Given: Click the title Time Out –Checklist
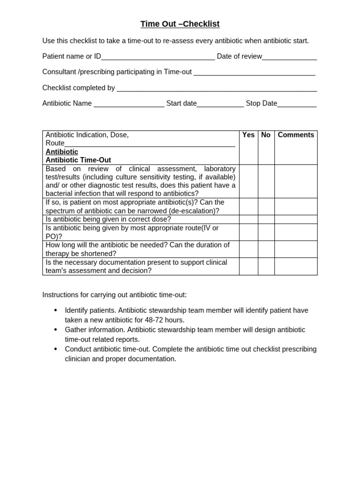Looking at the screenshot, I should (x=180, y=24).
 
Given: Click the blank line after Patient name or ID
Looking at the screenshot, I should (x=158, y=57).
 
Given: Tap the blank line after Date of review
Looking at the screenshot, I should (x=289, y=57).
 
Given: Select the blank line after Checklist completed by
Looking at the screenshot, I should (x=217, y=89).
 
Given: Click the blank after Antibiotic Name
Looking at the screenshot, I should (x=129, y=104).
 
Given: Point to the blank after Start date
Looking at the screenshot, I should (x=220, y=104).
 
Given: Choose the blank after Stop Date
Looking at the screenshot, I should (x=297, y=104).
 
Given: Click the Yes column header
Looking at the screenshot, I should (x=248, y=135).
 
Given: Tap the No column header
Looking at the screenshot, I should (x=266, y=135).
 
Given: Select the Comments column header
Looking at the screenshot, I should (x=296, y=135).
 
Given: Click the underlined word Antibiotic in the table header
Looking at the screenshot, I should (x=62, y=152).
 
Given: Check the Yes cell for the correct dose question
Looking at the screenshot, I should (x=248, y=219).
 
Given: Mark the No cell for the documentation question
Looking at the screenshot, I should (x=266, y=266).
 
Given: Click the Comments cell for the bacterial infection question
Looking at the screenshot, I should (x=296, y=181).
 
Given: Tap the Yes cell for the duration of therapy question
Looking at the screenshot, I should (x=248, y=249).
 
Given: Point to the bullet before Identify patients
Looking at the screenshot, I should (x=56, y=310).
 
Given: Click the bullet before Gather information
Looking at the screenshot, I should (x=56, y=330).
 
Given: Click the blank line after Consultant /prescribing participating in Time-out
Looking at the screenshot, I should (x=254, y=73).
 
